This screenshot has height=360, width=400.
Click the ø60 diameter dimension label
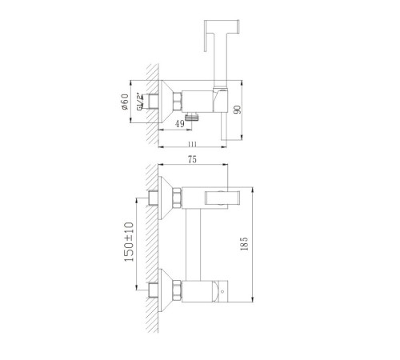click(125, 102)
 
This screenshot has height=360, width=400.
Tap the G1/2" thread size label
click(140, 102)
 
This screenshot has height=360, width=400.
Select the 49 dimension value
click(180, 124)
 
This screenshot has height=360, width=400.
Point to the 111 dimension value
click(192, 144)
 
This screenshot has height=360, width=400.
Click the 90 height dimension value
click(237, 110)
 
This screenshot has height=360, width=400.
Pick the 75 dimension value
click(192, 159)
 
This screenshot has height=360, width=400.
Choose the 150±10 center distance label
click(129, 242)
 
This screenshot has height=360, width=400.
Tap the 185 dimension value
click(244, 244)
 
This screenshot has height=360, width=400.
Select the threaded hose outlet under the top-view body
click(192, 117)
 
